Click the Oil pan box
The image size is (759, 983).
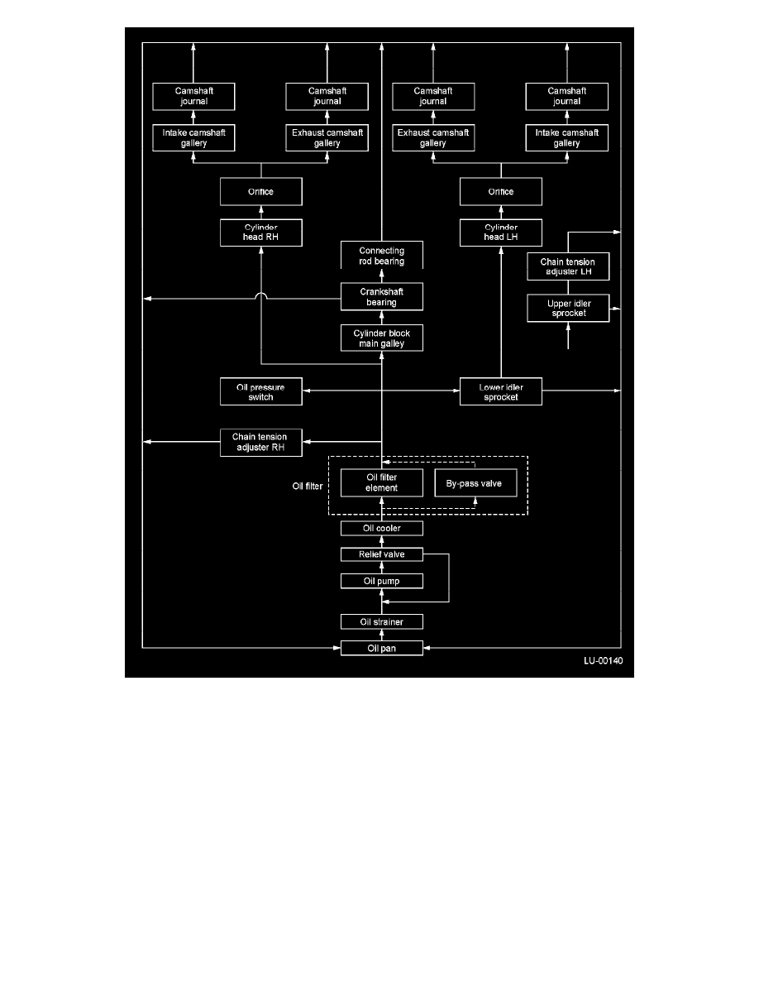pos(381,648)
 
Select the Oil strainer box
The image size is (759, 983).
pos(381,622)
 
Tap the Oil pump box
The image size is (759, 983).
pos(381,581)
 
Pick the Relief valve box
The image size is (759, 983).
pos(381,554)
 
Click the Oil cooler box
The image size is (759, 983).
pos(381,529)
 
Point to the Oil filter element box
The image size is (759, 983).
pos(381,482)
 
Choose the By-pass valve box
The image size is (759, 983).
pos(475,482)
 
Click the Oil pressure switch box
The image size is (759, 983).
pos(260,392)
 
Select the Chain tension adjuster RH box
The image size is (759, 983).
pos(260,442)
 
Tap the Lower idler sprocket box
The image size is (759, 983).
pos(500,392)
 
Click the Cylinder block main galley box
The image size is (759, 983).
pos(381,338)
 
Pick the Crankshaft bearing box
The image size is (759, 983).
pos(381,296)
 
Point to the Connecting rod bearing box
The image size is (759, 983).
pos(381,255)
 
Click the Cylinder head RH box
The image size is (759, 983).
pos(260,233)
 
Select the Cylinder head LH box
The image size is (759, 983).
pos(500,233)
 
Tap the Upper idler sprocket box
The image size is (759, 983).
pos(568,308)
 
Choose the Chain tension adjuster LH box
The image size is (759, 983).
pos(568,266)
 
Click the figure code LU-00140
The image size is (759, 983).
pos(603,661)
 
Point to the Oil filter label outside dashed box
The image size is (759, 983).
pos(308,486)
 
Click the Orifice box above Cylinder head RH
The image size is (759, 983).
pos(260,191)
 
